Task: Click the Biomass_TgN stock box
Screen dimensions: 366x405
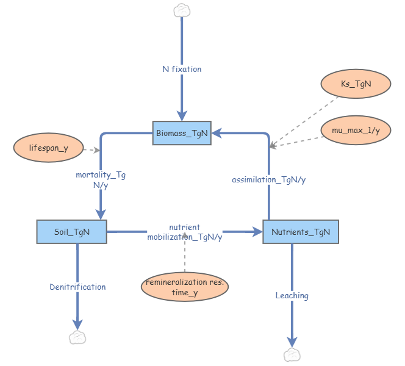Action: pyautogui.click(x=181, y=133)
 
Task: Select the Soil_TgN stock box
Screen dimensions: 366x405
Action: pyautogui.click(x=71, y=232)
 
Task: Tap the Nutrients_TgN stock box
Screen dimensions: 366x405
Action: pyautogui.click(x=300, y=232)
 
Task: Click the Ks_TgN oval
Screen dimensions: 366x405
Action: pyautogui.click(x=355, y=86)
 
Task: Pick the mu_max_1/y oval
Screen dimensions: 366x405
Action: pyautogui.click(x=355, y=130)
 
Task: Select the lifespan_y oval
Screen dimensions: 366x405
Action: pyautogui.click(x=48, y=148)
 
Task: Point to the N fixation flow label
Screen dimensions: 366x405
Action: pyautogui.click(x=182, y=69)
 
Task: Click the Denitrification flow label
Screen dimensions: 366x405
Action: pyautogui.click(x=77, y=287)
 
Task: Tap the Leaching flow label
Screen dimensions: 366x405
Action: pyautogui.click(x=292, y=296)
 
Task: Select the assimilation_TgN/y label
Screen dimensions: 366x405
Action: pyautogui.click(x=269, y=179)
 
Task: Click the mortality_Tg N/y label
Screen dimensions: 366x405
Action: pyautogui.click(x=101, y=179)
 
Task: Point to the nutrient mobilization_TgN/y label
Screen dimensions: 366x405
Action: pyautogui.click(x=185, y=232)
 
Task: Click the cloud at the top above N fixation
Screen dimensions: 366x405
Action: pyautogui.click(x=181, y=10)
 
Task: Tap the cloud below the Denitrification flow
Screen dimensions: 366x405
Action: pyautogui.click(x=77, y=337)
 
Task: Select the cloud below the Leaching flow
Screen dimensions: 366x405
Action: pyautogui.click(x=292, y=354)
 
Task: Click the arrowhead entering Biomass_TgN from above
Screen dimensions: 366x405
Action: pyautogui.click(x=182, y=117)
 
